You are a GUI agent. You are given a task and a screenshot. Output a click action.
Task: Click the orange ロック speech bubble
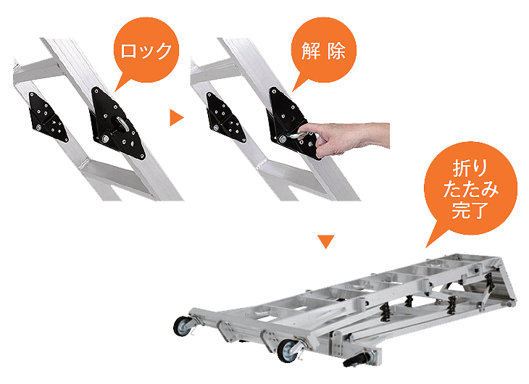(146, 51)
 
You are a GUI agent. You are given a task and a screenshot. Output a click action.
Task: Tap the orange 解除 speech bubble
(323, 51)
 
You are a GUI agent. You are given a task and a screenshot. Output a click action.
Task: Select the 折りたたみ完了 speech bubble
(470, 188)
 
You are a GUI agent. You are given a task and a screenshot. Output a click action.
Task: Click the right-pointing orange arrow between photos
(176, 117)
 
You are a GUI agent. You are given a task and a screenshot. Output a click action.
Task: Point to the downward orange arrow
(326, 241)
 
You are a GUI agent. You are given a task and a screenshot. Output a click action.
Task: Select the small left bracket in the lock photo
(48, 117)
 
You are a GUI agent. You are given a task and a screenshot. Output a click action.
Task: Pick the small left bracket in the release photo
(225, 117)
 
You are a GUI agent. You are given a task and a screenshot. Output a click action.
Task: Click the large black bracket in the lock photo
(117, 123)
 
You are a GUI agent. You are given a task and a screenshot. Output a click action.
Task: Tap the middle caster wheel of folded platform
(288, 351)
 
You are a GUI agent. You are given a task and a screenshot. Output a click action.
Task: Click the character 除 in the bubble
(336, 51)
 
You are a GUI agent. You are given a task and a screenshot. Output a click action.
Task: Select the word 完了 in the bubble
(470, 210)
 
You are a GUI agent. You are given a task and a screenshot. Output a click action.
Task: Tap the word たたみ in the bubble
(470, 188)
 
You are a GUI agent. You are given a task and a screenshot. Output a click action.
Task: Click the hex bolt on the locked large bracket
(105, 138)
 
